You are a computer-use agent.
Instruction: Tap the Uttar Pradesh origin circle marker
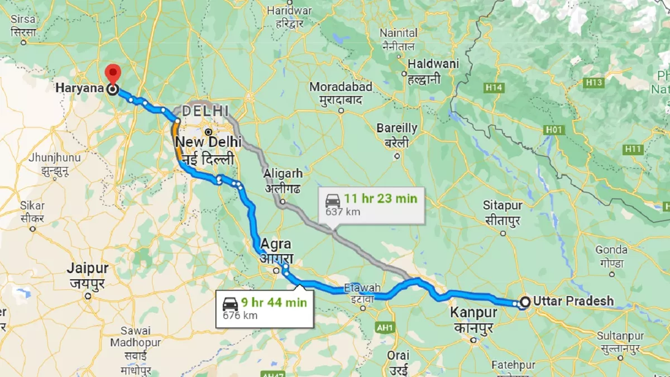[x=525, y=302]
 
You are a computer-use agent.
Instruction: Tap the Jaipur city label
[x=88, y=269]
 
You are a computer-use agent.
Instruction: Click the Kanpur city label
[x=473, y=313]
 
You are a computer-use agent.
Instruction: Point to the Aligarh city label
[x=283, y=173]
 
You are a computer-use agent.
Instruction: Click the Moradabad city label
[x=341, y=87]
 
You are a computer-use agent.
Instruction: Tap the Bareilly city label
[x=396, y=128]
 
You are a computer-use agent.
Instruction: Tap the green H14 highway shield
[x=494, y=88]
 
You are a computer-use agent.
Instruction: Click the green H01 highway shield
[x=554, y=130]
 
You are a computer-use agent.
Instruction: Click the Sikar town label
[x=32, y=206]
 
